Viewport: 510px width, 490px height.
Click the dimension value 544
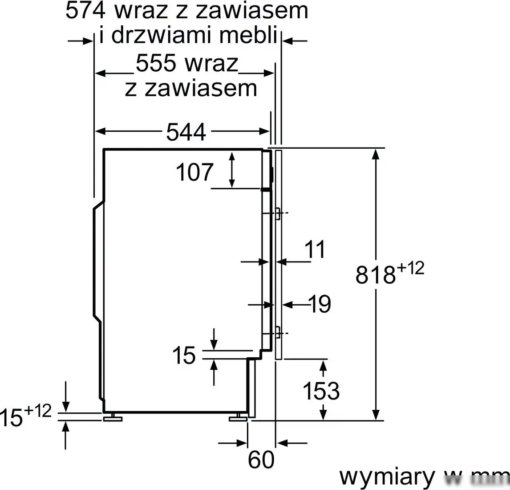coord(186,132)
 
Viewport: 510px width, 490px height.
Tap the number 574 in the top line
coord(85,11)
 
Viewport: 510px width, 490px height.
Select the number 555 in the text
coord(156,63)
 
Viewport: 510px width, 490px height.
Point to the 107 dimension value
coord(195,172)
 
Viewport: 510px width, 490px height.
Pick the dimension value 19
coord(320,305)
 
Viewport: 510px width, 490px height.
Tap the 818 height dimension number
coord(375,275)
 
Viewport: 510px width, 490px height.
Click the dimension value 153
coord(321,391)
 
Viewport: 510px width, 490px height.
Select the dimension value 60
coord(261,460)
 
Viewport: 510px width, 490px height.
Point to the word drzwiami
coord(162,36)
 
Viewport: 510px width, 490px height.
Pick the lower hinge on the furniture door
coord(278,333)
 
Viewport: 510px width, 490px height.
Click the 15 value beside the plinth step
coord(184,355)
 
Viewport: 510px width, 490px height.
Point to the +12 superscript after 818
coord(410,269)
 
